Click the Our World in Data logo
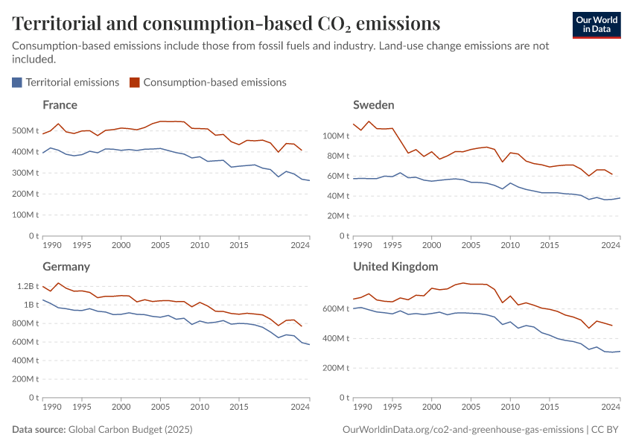596,24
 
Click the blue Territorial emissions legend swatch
17,83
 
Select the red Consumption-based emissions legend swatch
135,83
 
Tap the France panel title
60,105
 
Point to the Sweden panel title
373,105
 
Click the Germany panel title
66,267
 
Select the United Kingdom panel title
395,267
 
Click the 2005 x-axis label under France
160,245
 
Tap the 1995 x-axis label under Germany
82,407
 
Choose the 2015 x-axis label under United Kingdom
550,407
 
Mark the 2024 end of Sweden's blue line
620,198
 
